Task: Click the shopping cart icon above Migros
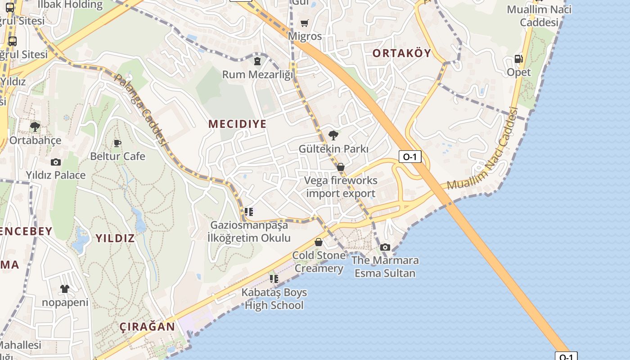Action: click(305, 23)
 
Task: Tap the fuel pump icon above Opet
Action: click(518, 59)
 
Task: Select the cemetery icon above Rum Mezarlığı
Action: click(257, 61)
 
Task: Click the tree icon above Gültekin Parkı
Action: click(333, 135)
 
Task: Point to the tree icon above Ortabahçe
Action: click(35, 127)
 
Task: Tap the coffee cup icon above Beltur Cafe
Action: click(117, 143)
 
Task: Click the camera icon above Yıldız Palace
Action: click(56, 162)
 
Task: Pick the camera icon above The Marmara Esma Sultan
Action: click(385, 247)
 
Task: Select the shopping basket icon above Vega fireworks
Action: click(341, 167)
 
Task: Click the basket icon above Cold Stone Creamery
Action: click(319, 242)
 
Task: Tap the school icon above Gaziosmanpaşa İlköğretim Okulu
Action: click(249, 211)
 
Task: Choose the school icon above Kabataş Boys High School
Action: click(274, 279)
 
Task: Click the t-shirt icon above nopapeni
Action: click(65, 289)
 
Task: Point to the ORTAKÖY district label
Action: click(402, 53)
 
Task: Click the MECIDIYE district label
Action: click(237, 124)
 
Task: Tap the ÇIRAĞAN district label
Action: click(148, 327)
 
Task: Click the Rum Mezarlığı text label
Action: click(257, 74)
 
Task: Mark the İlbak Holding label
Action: click(70, 4)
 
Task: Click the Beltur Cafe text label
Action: click(117, 156)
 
